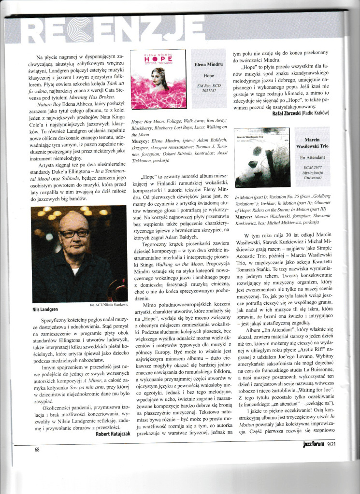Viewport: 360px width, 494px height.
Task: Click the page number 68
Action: coord(37,450)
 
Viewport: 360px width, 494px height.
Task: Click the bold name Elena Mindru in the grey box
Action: coord(208,63)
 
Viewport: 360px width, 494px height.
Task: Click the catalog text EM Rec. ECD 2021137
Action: coord(208,89)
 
